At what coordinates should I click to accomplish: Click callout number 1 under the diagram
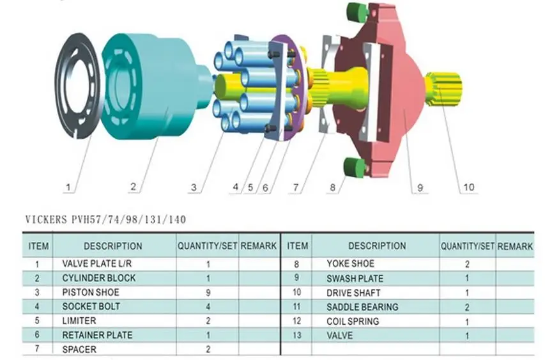pos(68,187)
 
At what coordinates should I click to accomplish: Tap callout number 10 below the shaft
pos(468,187)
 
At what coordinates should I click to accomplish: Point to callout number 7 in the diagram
pos(295,187)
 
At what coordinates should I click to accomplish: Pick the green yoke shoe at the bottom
pos(354,167)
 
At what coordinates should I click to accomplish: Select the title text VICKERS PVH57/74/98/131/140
pos(105,220)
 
